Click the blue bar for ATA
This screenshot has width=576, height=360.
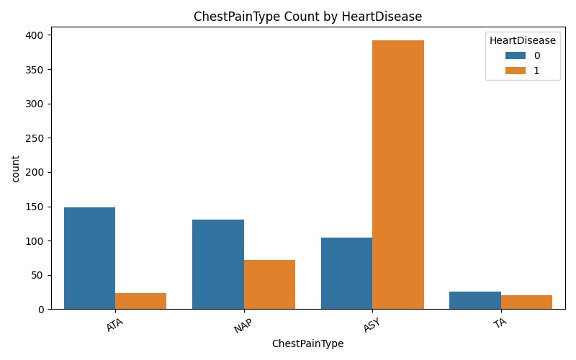pos(89,258)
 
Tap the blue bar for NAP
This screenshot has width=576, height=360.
pos(218,264)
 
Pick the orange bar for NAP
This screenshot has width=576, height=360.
pos(269,284)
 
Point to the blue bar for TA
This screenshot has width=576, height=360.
pos(474,300)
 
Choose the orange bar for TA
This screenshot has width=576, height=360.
pos(526,302)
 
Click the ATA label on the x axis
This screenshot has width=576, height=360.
pos(114,325)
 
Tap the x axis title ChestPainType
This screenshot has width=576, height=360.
pos(307,344)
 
